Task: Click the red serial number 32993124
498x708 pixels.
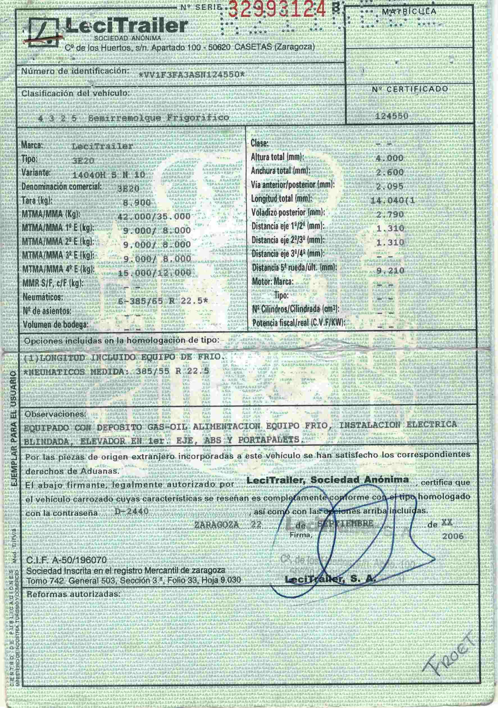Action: click(277, 9)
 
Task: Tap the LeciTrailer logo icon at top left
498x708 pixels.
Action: click(44, 32)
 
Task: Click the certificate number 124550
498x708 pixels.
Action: click(392, 116)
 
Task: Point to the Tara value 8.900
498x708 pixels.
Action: click(137, 203)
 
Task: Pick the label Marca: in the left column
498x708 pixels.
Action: click(32, 145)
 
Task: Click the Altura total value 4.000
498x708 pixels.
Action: click(389, 158)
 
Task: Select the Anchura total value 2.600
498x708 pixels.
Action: click(390, 172)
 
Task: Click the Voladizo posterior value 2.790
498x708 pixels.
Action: click(390, 214)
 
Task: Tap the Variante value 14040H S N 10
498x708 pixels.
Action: click(108, 175)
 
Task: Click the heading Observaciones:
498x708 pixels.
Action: click(55, 414)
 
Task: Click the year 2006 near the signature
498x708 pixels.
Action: click(453, 536)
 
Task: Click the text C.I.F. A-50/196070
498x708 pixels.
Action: click(67, 560)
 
